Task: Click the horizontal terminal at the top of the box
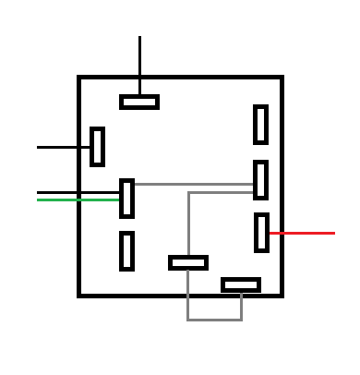point(139,102)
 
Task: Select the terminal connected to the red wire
point(262,233)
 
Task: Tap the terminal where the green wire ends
point(127,199)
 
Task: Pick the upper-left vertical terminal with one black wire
point(97,147)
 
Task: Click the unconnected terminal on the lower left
point(127,251)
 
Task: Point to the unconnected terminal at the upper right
point(261,125)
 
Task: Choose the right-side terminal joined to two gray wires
point(261,180)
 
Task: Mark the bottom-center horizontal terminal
point(188,262)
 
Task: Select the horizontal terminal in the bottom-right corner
point(241,284)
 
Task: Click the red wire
point(303,233)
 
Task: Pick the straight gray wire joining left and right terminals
point(194,184)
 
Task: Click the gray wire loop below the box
point(214,320)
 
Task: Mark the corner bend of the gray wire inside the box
point(189,193)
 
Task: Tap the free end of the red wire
point(333,233)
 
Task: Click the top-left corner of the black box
point(80,79)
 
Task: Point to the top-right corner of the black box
point(281,79)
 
